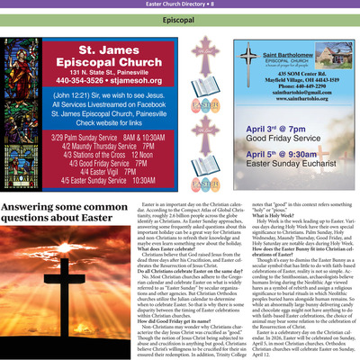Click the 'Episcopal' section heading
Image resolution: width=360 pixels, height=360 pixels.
(179, 18)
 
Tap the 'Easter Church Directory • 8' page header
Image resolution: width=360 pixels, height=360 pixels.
(179, 4)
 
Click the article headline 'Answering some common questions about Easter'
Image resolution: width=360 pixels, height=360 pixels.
(61, 220)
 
